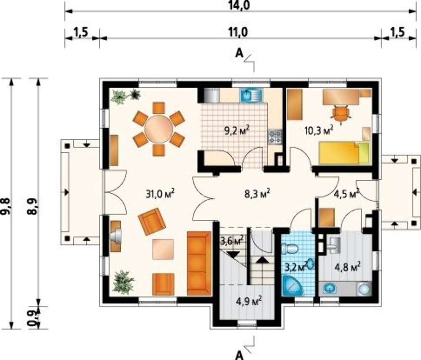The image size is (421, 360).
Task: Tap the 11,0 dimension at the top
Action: tap(238, 32)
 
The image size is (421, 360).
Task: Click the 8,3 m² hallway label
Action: tap(257, 194)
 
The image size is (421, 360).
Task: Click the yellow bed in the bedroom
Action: tap(344, 153)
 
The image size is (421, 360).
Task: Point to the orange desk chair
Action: tap(341, 114)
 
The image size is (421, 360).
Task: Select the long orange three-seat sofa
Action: tap(199, 264)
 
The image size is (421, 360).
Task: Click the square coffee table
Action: tap(163, 249)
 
